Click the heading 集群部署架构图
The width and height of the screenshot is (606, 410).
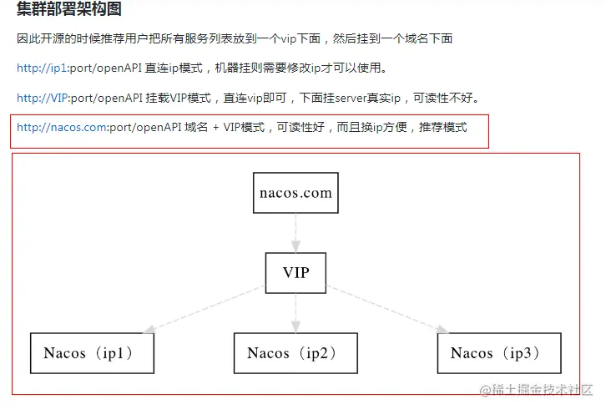(x=68, y=10)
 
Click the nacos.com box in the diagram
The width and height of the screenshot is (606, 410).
(x=295, y=193)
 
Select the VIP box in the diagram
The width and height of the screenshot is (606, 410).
(x=295, y=272)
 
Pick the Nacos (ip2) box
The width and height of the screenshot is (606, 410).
(x=295, y=352)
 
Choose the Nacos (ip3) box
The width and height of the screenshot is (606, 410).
(x=499, y=352)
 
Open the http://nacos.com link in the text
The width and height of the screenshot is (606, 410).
(x=62, y=128)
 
